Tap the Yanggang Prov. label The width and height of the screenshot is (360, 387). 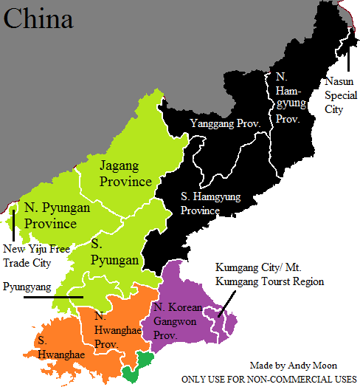(225, 123)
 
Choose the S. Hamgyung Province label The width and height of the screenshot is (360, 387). (210, 204)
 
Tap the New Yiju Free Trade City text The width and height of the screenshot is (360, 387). (37, 256)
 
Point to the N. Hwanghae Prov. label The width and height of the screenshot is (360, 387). (120, 329)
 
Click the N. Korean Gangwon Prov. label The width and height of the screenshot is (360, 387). (178, 321)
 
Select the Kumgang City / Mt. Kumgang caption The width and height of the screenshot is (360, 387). (269, 274)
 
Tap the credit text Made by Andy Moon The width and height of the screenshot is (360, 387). (294, 365)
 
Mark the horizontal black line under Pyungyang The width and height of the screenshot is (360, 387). (53, 297)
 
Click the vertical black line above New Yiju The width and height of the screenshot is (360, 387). (13, 221)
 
